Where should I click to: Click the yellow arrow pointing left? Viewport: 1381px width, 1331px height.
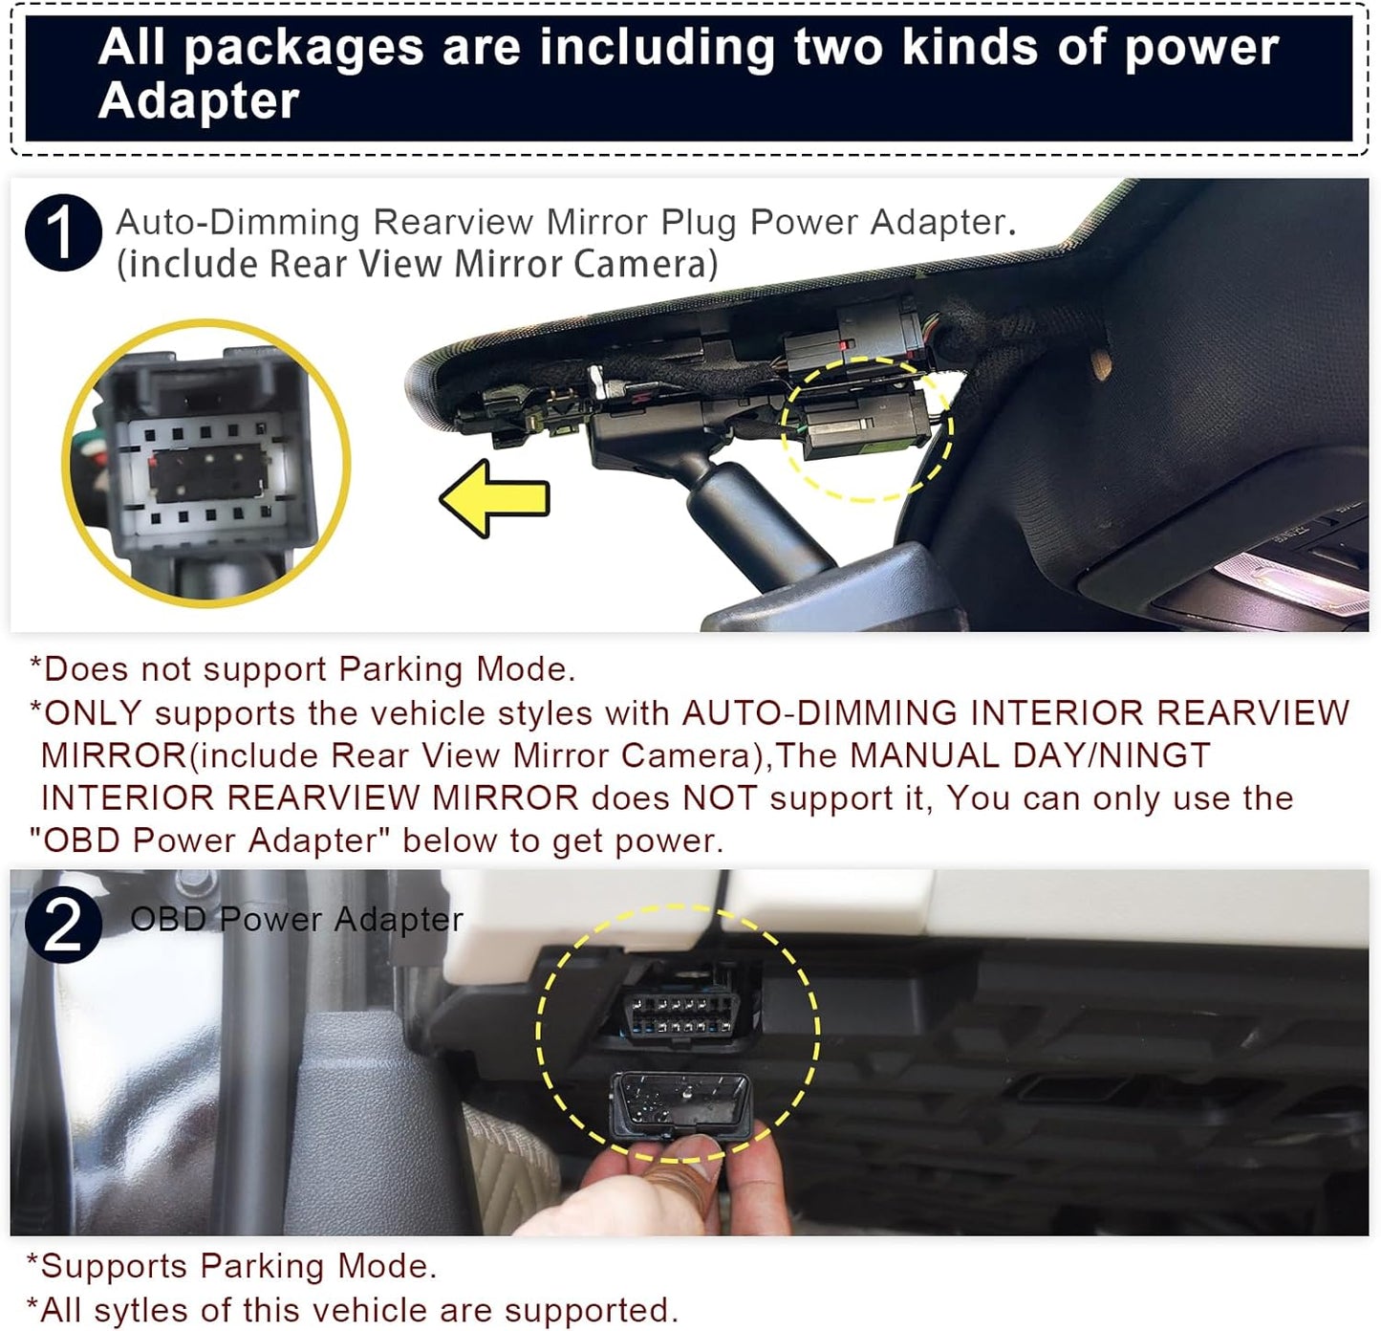[x=495, y=498]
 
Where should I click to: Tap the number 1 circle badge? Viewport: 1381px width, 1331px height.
[x=63, y=233]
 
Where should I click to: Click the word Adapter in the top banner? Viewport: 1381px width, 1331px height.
[x=199, y=101]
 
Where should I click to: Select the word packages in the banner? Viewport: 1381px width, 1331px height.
[x=303, y=48]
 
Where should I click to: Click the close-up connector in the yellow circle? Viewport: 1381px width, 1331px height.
[x=206, y=465]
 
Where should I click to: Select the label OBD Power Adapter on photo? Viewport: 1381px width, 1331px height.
[x=296, y=920]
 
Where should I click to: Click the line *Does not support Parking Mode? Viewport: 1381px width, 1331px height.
[x=303, y=669]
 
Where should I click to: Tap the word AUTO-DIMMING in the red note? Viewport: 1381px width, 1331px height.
[x=819, y=713]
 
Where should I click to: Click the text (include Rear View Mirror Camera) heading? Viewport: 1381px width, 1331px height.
[x=417, y=265]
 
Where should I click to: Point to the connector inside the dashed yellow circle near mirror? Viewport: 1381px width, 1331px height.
[x=865, y=425]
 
